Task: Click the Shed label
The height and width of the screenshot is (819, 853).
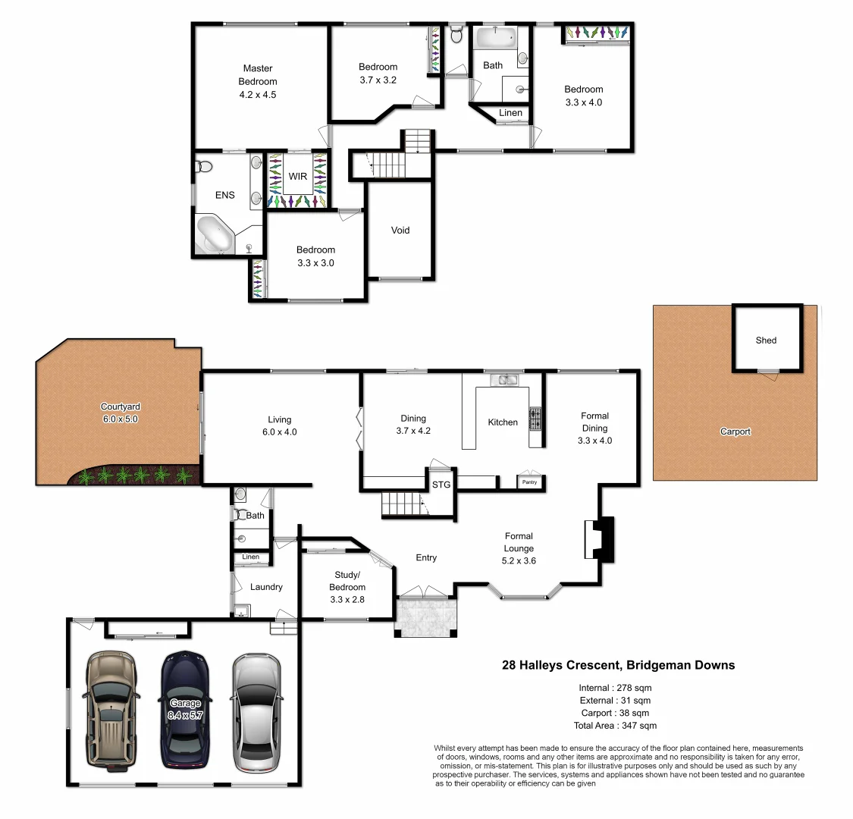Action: [x=766, y=340]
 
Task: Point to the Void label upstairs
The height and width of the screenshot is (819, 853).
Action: [x=400, y=230]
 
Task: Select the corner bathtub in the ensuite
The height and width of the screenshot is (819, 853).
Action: [x=215, y=236]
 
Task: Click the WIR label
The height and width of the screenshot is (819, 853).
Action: [x=298, y=177]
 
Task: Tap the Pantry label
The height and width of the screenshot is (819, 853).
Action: [x=529, y=482]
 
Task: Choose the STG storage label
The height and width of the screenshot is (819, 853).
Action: [x=441, y=485]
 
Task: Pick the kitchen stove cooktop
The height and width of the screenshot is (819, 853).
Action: [x=535, y=419]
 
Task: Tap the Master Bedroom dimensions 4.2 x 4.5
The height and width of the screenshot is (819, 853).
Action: [x=258, y=95]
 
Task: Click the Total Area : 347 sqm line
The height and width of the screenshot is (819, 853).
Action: [x=615, y=726]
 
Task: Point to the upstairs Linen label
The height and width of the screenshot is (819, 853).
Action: [x=510, y=113]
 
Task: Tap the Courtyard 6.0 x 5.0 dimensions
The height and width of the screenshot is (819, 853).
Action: [x=121, y=419]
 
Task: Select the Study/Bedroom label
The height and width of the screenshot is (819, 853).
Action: [x=347, y=581]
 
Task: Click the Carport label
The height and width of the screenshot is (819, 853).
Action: [x=735, y=431]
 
